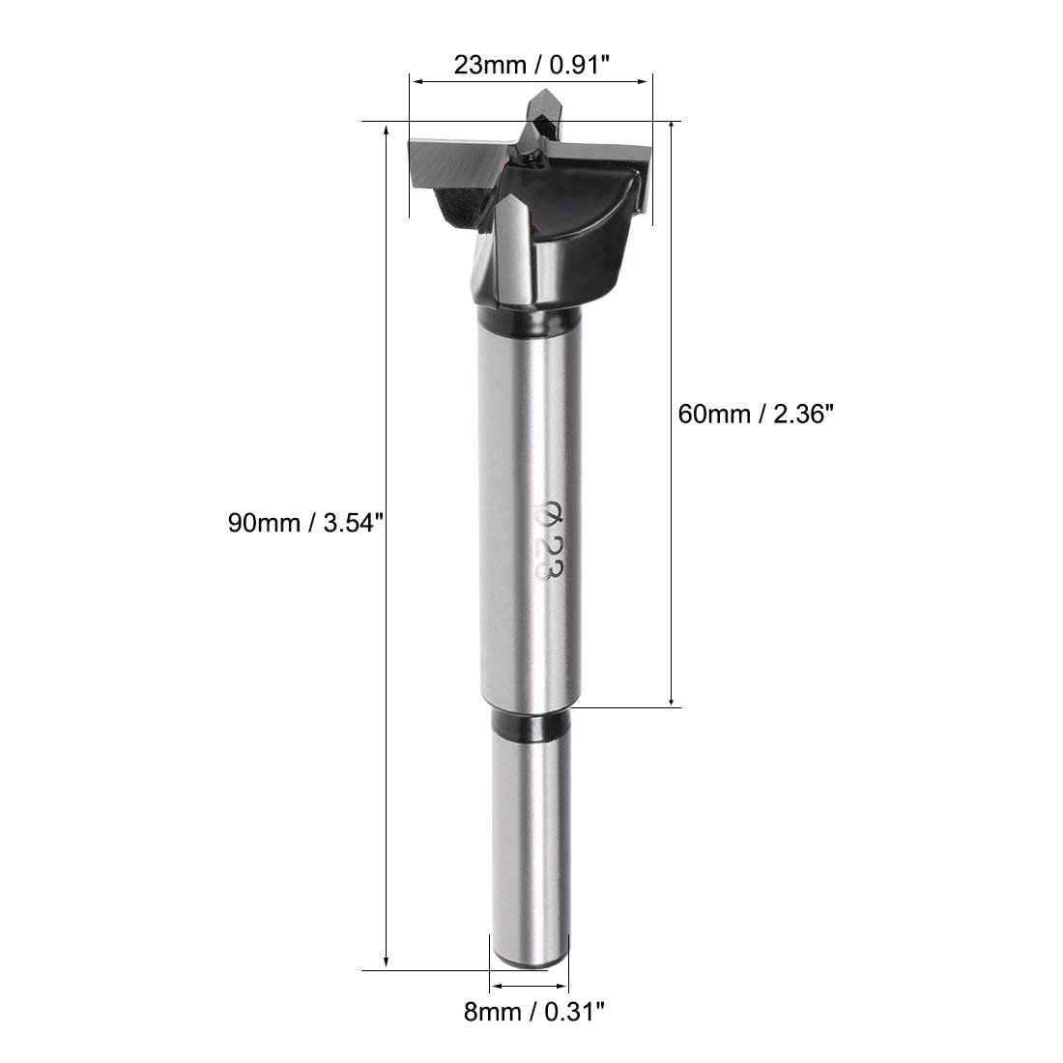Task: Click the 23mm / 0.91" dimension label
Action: (532, 65)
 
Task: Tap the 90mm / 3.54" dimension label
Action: (305, 524)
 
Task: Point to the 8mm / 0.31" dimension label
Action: (533, 1012)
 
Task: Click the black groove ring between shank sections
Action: (531, 726)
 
